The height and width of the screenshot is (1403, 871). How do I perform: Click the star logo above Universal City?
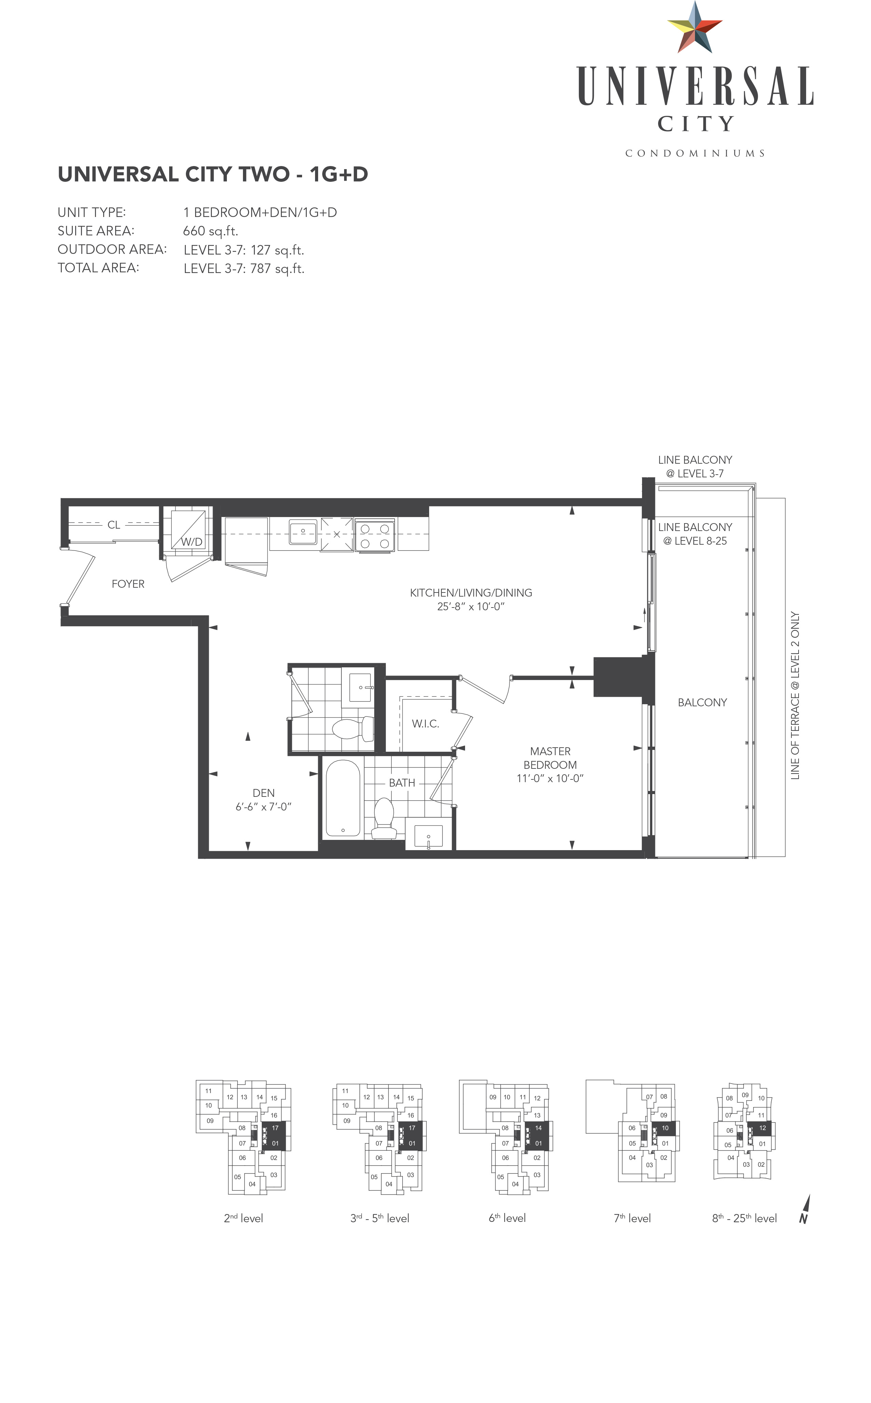click(x=695, y=28)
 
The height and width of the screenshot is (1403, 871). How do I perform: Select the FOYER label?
click(x=128, y=584)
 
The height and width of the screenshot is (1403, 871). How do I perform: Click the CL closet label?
click(x=113, y=525)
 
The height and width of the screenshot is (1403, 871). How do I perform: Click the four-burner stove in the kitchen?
click(x=375, y=536)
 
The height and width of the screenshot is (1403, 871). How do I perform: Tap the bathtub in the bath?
click(x=343, y=798)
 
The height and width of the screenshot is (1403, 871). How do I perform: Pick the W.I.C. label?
click(x=425, y=724)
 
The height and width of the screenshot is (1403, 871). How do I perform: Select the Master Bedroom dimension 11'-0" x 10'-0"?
click(x=550, y=779)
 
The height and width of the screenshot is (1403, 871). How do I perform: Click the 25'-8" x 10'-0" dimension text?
click(x=471, y=607)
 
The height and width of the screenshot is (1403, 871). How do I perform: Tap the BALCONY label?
click(x=702, y=703)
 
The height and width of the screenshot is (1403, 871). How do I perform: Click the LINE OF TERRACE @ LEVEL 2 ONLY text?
click(x=795, y=696)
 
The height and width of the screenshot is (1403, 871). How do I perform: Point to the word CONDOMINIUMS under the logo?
click(x=695, y=153)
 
